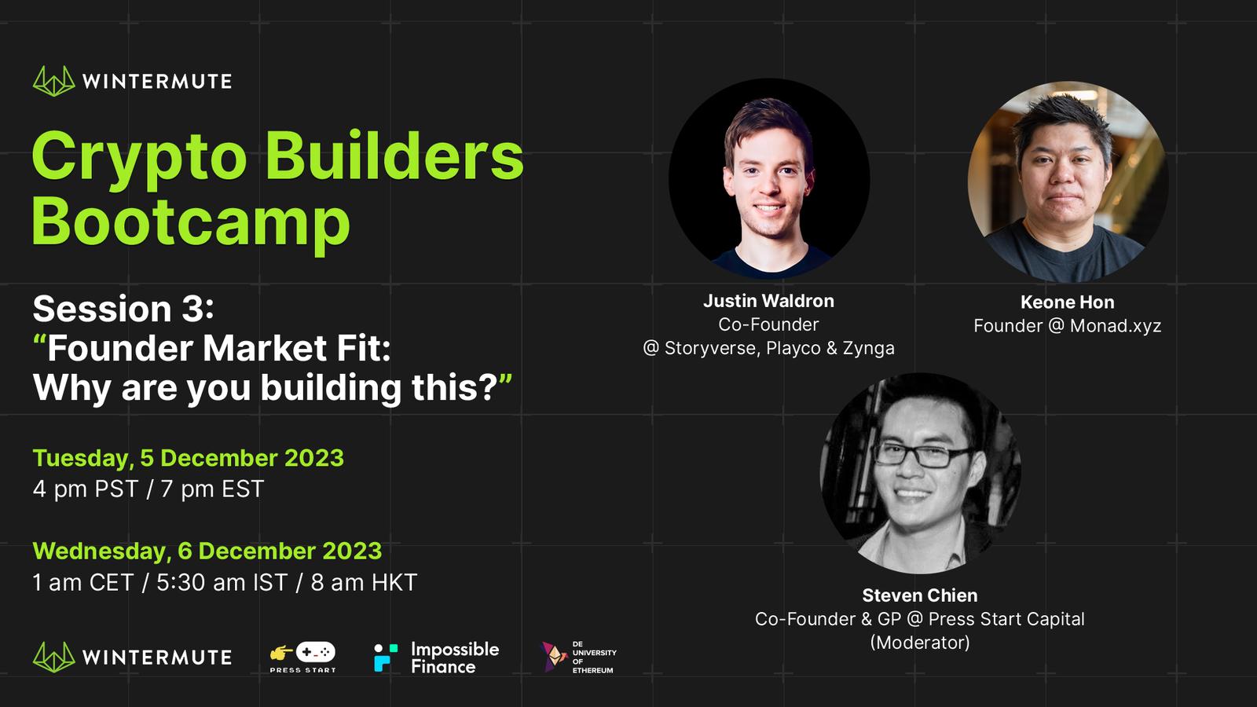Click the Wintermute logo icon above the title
[54, 82]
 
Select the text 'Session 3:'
[123, 309]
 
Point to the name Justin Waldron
[769, 301]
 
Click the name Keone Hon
[1068, 302]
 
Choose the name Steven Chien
[920, 595]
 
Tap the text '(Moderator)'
[920, 643]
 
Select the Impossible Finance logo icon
[386, 657]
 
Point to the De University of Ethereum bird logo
[554, 657]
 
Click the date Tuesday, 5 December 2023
[188, 459]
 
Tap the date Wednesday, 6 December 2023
[207, 551]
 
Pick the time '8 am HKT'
[365, 582]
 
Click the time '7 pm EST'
[212, 489]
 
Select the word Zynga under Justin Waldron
[869, 349]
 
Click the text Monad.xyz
[1116, 326]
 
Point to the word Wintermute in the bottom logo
[156, 657]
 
